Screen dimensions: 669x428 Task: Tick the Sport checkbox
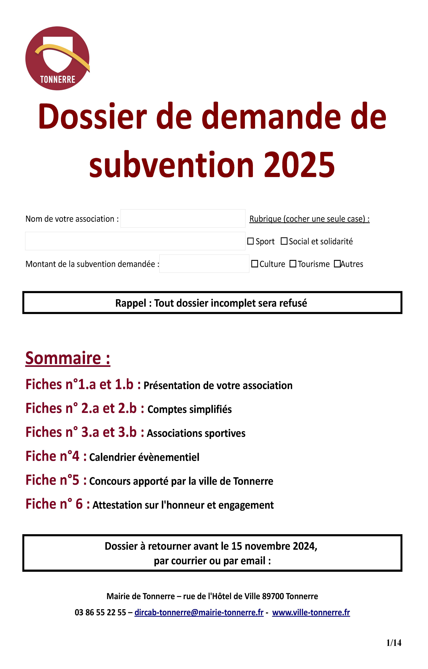click(250, 241)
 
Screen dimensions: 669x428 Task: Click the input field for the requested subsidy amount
click(204, 264)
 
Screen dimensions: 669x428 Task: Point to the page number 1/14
click(394, 643)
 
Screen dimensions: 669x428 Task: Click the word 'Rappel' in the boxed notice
click(131, 303)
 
